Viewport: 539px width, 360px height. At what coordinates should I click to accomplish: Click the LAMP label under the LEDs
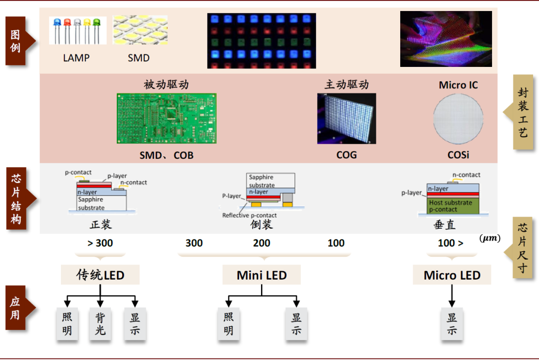pos(76,58)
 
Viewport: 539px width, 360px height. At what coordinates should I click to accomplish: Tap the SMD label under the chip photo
pos(139,58)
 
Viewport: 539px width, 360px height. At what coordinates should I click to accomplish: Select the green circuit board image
pos(166,118)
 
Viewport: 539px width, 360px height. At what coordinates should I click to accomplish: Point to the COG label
pos(346,155)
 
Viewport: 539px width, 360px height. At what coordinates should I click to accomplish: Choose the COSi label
pos(458,155)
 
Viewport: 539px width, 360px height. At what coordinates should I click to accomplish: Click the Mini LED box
pos(262,275)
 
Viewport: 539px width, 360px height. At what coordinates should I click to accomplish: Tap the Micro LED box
pos(452,275)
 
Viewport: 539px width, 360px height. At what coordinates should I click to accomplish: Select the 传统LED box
pos(100,275)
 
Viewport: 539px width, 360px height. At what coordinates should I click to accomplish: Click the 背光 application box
pos(100,324)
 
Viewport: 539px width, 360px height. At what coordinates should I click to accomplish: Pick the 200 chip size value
pos(262,243)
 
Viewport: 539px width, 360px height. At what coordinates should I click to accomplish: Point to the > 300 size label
pos(100,243)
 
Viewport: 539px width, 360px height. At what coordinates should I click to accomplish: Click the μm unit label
pos(490,239)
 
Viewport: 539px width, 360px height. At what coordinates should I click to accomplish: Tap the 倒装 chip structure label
pos(262,225)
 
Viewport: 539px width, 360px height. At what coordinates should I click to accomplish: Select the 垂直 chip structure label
pos(445,225)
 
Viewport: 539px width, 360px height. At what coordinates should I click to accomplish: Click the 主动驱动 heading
pos(346,84)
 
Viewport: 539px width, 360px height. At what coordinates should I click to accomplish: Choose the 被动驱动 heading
pos(166,84)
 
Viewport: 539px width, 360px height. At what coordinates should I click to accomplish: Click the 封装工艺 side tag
pos(522,112)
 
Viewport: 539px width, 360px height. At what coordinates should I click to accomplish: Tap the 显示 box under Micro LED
pos(452,324)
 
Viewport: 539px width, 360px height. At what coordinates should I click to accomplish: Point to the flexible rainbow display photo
pos(446,39)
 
